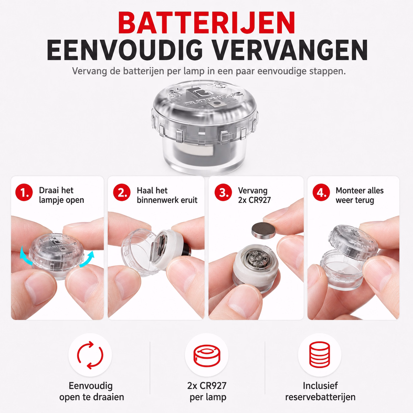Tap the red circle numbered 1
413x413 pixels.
pyautogui.click(x=24, y=192)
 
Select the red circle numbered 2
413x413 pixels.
pyautogui.click(x=122, y=192)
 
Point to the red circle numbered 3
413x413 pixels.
pyautogui.click(x=223, y=192)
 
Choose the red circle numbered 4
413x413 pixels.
pyautogui.click(x=321, y=192)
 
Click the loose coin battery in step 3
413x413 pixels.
pyautogui.click(x=263, y=230)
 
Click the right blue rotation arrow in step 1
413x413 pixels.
pyautogui.click(x=88, y=259)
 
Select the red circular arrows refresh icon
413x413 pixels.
pyautogui.click(x=90, y=355)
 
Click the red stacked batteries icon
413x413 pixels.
pyautogui.click(x=319, y=355)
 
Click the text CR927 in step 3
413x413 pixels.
pyautogui.click(x=260, y=200)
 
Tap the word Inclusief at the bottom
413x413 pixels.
pyautogui.click(x=320, y=386)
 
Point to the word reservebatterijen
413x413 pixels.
pyautogui.click(x=320, y=397)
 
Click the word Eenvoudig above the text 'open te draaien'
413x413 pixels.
pyautogui.click(x=91, y=386)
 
